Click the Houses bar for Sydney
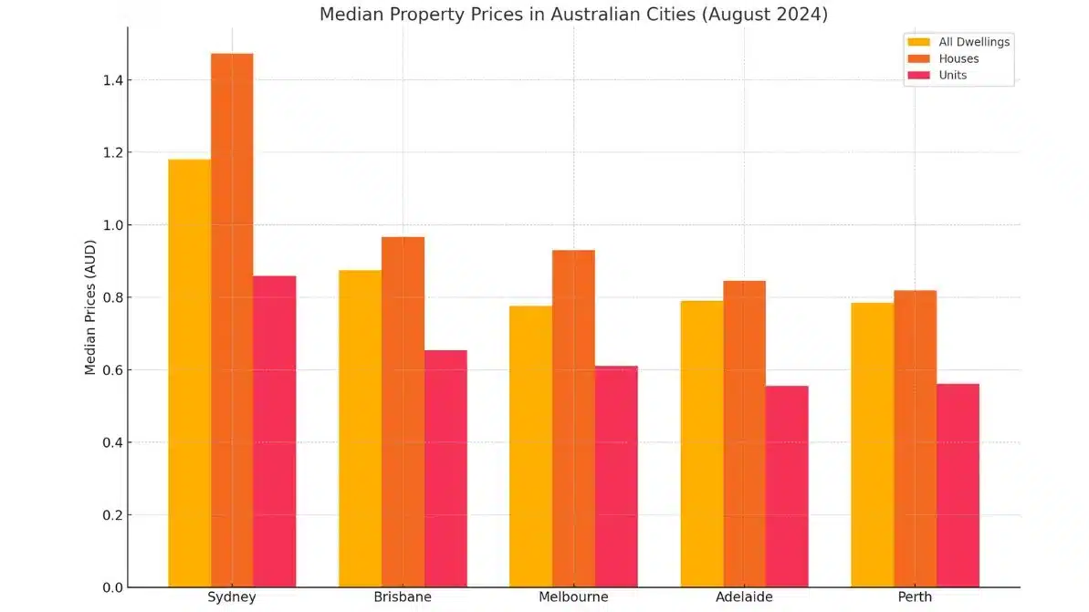coord(232,319)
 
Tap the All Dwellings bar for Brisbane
coord(360,428)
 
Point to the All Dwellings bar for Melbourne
coord(530,446)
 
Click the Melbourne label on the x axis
coord(573,597)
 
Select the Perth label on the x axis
coord(915,597)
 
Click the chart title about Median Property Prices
coord(573,15)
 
